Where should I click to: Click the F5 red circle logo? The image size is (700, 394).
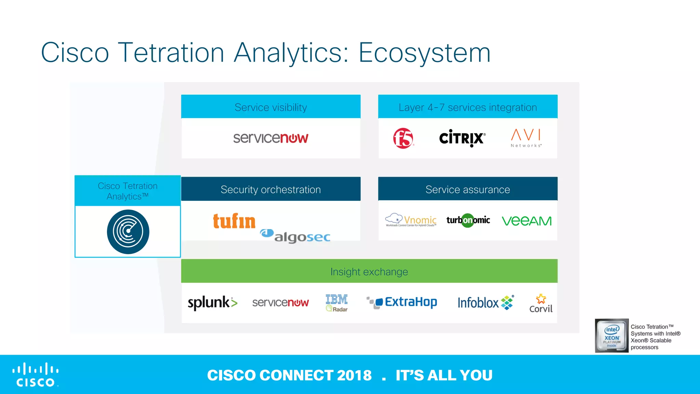tap(403, 138)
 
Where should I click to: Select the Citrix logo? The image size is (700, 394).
tap(462, 138)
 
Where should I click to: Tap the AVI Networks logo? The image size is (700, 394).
tap(526, 138)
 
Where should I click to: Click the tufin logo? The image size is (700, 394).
tap(234, 221)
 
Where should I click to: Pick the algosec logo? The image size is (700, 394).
tap(296, 236)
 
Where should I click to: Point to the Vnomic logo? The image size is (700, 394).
tap(411, 220)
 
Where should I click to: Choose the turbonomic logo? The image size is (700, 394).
tap(468, 220)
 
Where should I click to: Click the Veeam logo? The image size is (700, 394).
tap(526, 221)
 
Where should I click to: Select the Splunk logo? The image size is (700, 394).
tap(212, 303)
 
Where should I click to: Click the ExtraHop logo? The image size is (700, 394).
tap(402, 302)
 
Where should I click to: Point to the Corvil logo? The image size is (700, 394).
tap(541, 303)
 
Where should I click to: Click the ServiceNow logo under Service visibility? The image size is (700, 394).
tap(271, 138)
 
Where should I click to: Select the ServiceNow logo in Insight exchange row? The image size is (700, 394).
tap(280, 303)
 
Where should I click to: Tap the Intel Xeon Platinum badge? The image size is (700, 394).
tap(611, 336)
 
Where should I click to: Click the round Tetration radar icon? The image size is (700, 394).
tap(128, 232)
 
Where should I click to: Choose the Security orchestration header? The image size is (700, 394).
tap(271, 189)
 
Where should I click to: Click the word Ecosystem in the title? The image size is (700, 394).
tap(424, 53)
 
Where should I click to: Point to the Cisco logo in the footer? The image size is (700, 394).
tap(36, 375)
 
